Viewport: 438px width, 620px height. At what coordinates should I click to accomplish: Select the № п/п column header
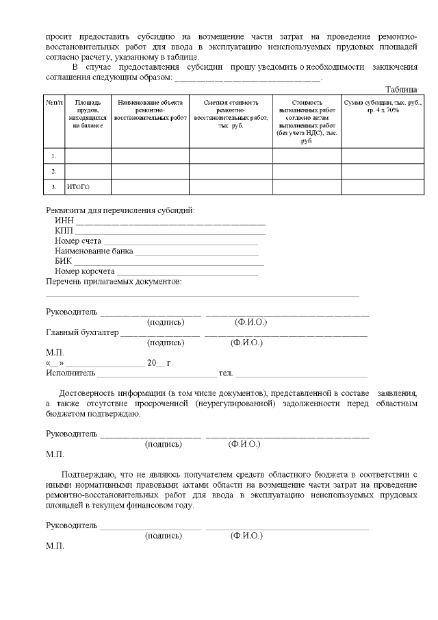pyautogui.click(x=54, y=102)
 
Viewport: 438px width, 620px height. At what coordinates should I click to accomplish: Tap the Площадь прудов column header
pyautogui.click(x=88, y=114)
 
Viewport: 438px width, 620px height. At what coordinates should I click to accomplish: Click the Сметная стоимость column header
pyautogui.click(x=231, y=114)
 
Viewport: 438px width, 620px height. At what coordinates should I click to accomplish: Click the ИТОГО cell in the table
pyautogui.click(x=78, y=187)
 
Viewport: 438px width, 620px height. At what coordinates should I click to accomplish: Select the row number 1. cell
pyautogui.click(x=54, y=156)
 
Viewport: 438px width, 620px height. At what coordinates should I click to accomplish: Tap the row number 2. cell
pyautogui.click(x=54, y=171)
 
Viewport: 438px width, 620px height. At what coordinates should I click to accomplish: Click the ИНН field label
pyautogui.click(x=64, y=221)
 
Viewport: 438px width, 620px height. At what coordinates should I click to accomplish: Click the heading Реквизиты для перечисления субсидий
pyautogui.click(x=120, y=210)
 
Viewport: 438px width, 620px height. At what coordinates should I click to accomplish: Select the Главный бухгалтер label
pyautogui.click(x=81, y=333)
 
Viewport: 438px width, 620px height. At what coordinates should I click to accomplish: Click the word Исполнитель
pyautogui.click(x=70, y=373)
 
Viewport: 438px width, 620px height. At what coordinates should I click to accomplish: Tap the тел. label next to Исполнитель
pyautogui.click(x=226, y=373)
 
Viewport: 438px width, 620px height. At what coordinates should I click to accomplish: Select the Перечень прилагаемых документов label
pyautogui.click(x=114, y=282)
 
